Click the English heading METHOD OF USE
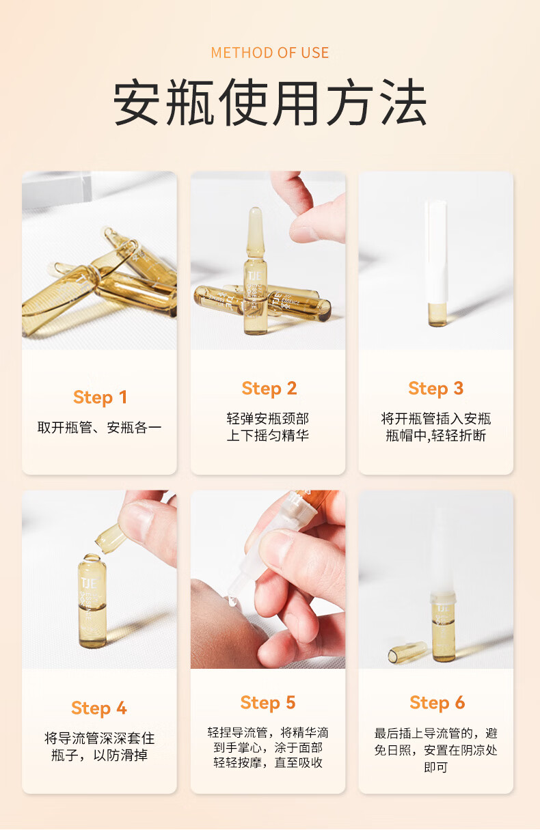click(269, 53)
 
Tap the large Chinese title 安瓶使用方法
click(269, 102)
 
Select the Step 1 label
click(100, 397)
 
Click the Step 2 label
click(269, 388)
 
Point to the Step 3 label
click(436, 388)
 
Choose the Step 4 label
click(99, 708)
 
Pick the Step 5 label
click(268, 702)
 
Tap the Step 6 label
click(437, 702)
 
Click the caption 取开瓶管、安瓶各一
click(99, 428)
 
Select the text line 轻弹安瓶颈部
click(268, 419)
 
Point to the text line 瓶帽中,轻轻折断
click(436, 435)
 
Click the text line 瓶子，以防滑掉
click(99, 755)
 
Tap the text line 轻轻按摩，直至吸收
click(268, 762)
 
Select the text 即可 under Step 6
click(436, 767)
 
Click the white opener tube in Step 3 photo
click(436, 252)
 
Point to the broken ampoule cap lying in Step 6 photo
click(407, 652)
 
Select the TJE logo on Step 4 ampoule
click(90, 583)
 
